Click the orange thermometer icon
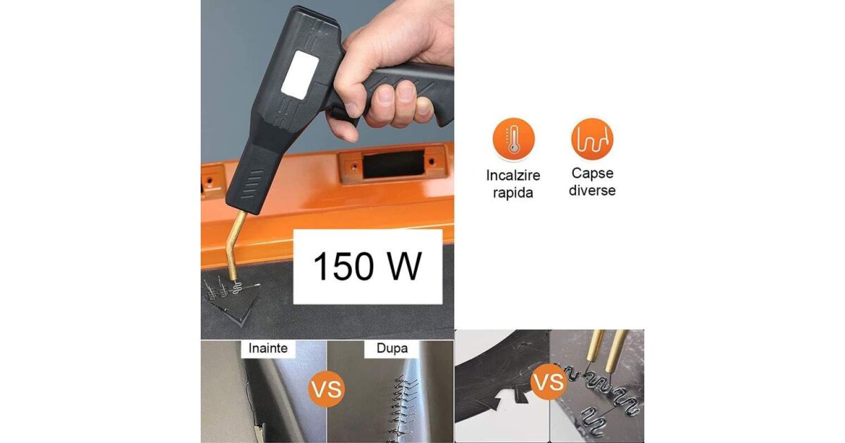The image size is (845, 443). (x=513, y=139)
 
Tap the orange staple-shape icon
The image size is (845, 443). (x=592, y=139)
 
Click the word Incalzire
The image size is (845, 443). (x=513, y=176)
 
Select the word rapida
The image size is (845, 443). (x=513, y=193)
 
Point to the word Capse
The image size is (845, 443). (x=592, y=173)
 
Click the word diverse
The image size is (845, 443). (x=592, y=191)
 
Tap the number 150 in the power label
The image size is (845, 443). (x=344, y=267)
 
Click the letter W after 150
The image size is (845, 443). (x=405, y=267)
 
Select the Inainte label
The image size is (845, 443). (x=268, y=348)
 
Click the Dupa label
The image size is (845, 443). (x=392, y=348)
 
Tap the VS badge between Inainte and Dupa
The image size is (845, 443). (x=327, y=389)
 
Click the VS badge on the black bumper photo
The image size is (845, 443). (x=548, y=382)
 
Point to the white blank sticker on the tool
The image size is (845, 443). (x=300, y=75)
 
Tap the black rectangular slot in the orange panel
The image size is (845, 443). (x=393, y=165)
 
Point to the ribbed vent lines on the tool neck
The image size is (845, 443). (x=251, y=184)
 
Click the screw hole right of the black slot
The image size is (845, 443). (x=432, y=162)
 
